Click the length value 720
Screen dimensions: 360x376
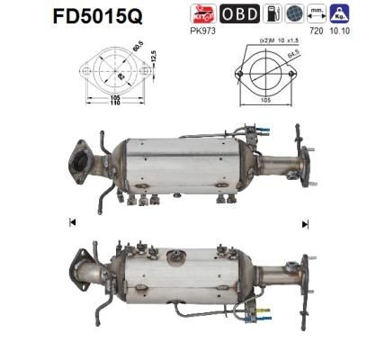315,29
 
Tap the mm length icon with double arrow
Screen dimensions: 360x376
315,13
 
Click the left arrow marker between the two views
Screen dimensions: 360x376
71,221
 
